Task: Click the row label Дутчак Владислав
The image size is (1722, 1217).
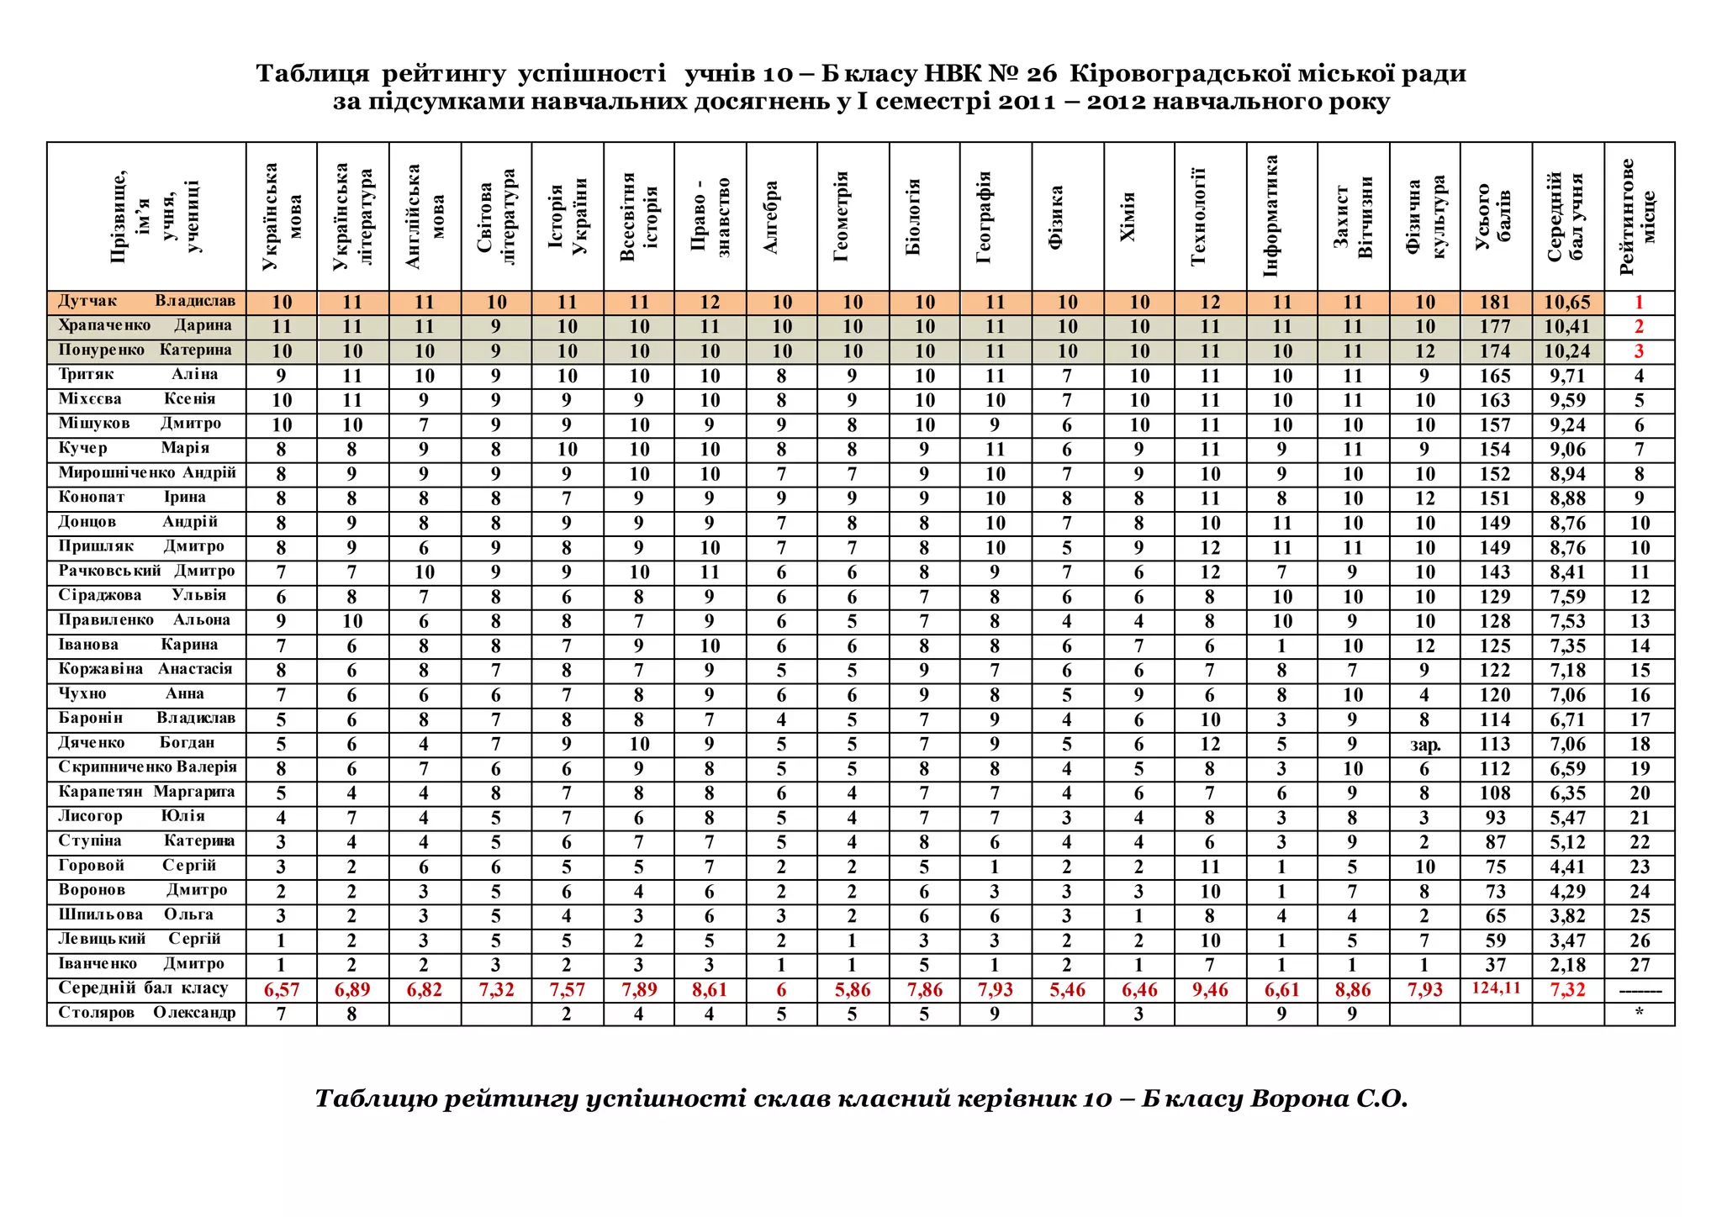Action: tap(146, 302)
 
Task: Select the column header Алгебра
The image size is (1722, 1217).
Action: tap(771, 218)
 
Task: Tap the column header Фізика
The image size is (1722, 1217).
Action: tap(1057, 218)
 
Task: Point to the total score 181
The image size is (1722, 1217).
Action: tap(1495, 303)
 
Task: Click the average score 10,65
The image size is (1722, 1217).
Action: tap(1567, 303)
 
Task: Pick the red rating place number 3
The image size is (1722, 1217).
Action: tap(1639, 351)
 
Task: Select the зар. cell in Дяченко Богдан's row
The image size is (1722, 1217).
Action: tap(1424, 745)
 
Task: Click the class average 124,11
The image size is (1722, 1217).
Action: tap(1496, 988)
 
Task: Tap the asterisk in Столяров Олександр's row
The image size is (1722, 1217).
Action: tap(1639, 1014)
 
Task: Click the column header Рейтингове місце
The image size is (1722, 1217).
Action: tap(1638, 218)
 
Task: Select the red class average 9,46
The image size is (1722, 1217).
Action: tap(1210, 990)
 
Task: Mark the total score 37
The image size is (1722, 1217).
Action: tap(1495, 965)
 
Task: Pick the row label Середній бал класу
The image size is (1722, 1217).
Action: tap(143, 988)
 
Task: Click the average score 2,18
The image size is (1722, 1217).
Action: tap(1567, 965)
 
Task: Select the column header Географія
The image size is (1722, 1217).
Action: tap(985, 218)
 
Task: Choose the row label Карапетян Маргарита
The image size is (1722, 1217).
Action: tap(146, 793)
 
